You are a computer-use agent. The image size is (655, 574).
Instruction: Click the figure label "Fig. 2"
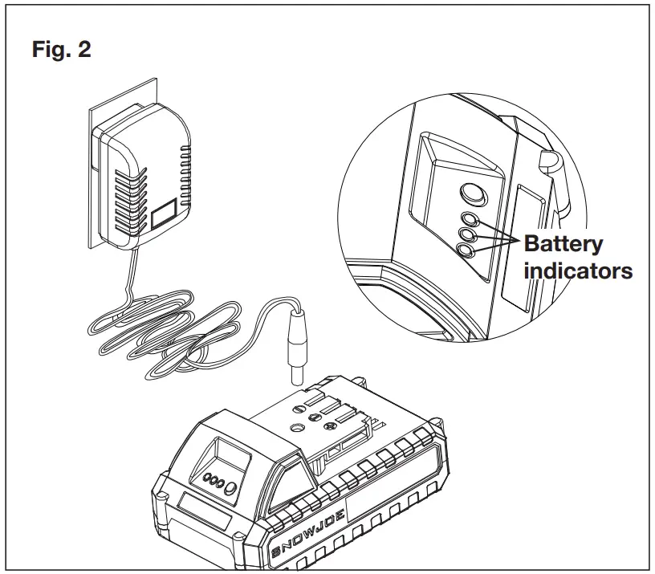click(61, 50)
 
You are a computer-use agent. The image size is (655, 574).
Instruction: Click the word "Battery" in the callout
click(563, 244)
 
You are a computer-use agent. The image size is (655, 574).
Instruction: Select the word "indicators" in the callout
click(578, 271)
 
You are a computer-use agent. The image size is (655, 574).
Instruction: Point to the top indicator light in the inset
click(470, 218)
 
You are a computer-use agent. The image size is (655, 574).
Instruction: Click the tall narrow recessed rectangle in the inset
click(527, 241)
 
